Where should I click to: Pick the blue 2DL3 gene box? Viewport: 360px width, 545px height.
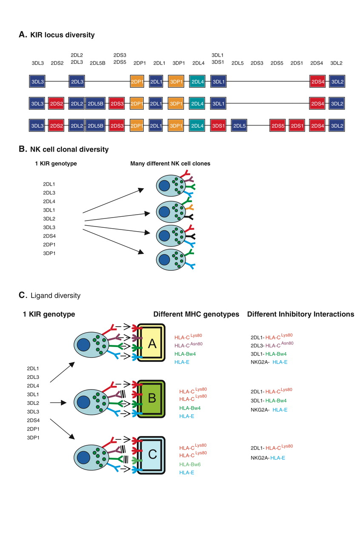click(77, 81)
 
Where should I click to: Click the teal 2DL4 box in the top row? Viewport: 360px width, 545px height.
click(198, 81)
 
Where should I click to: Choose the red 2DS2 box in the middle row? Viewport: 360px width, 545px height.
click(56, 103)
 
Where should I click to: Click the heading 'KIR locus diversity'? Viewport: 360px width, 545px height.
click(62, 35)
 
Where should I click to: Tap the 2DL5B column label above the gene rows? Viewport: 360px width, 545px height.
click(97, 63)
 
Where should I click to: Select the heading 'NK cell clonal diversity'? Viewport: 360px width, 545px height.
click(69, 149)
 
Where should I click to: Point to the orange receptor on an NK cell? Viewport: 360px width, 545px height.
click(189, 208)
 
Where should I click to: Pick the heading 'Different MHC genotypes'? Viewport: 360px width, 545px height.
click(197, 314)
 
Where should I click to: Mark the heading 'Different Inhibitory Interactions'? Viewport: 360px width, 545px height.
click(300, 314)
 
